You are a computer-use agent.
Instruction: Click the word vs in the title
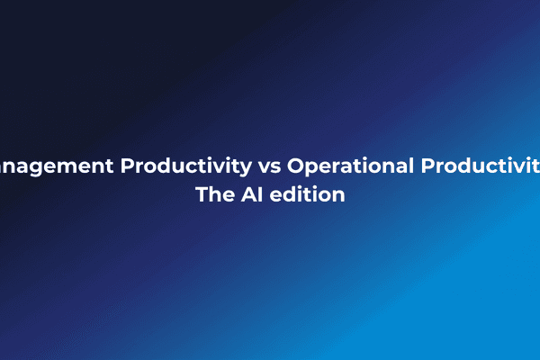(x=270, y=166)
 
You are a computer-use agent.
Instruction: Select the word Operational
(x=350, y=166)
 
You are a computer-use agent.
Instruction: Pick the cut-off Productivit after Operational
(x=481, y=166)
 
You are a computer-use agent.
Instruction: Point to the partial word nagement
(x=55, y=167)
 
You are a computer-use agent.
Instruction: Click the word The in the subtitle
(x=213, y=194)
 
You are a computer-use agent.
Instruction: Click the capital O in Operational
(x=296, y=166)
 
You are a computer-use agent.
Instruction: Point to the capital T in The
(x=202, y=194)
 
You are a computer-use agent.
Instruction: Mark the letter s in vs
(x=276, y=167)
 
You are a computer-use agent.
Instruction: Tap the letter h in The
(x=213, y=194)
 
